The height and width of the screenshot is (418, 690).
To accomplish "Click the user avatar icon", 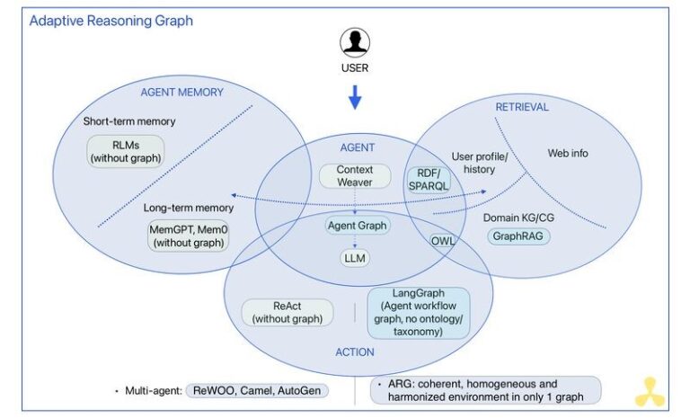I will click(x=354, y=42).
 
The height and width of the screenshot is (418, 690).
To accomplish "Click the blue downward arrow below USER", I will click(x=355, y=97).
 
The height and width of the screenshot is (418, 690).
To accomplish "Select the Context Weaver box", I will click(x=354, y=175).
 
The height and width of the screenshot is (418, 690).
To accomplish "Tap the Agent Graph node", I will click(x=357, y=226).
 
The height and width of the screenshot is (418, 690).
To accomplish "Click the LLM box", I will click(x=356, y=259).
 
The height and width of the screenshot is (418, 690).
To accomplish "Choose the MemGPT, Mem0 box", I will click(x=187, y=236).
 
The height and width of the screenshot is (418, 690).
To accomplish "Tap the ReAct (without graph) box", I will click(x=287, y=311).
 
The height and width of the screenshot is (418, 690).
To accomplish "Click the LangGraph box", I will click(x=419, y=312).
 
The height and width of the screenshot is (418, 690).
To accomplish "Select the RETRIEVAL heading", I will click(x=522, y=107).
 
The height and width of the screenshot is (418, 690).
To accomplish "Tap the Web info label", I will click(x=568, y=153).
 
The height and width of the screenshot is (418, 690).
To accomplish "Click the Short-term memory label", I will click(x=129, y=120).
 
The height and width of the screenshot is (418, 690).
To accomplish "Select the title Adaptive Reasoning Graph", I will click(x=111, y=20).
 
